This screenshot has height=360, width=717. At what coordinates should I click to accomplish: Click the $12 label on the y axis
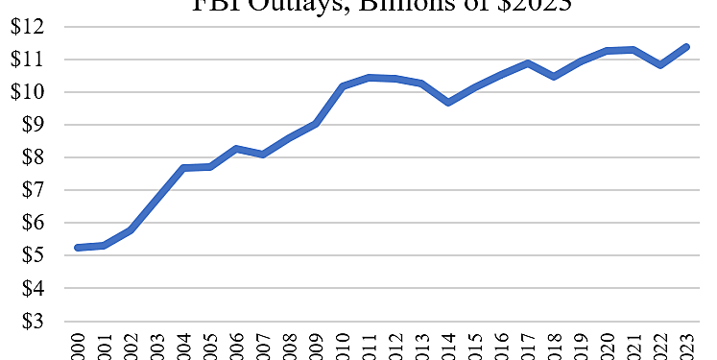tap(26, 27)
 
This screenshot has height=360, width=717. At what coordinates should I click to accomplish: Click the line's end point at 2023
tap(686, 46)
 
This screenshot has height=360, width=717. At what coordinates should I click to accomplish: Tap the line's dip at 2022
tap(659, 64)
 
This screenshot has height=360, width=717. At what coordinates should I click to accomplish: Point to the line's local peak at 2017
tap(528, 63)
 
